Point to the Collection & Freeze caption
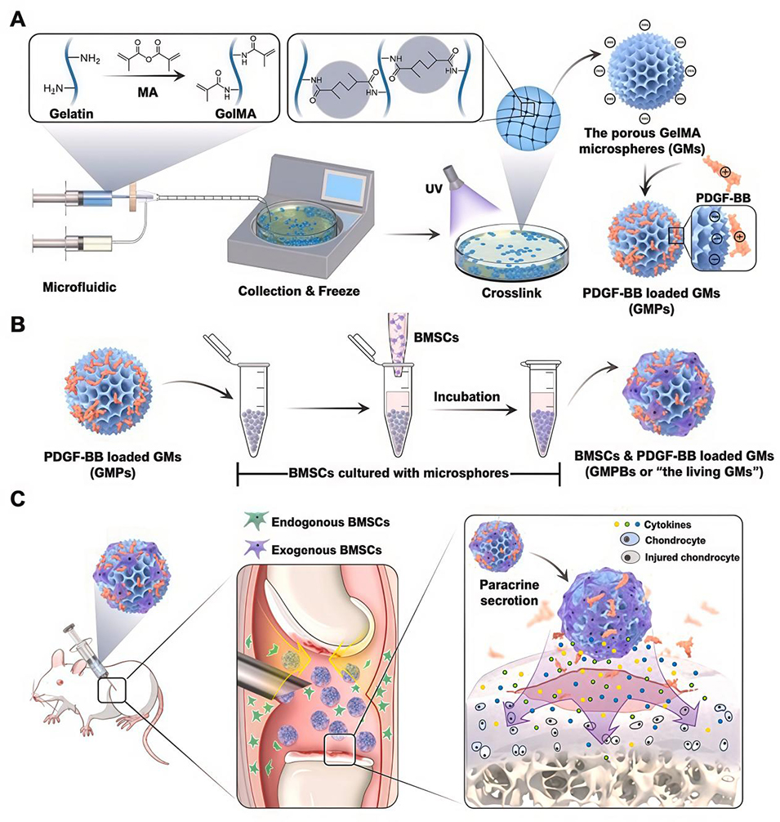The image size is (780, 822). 287,290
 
